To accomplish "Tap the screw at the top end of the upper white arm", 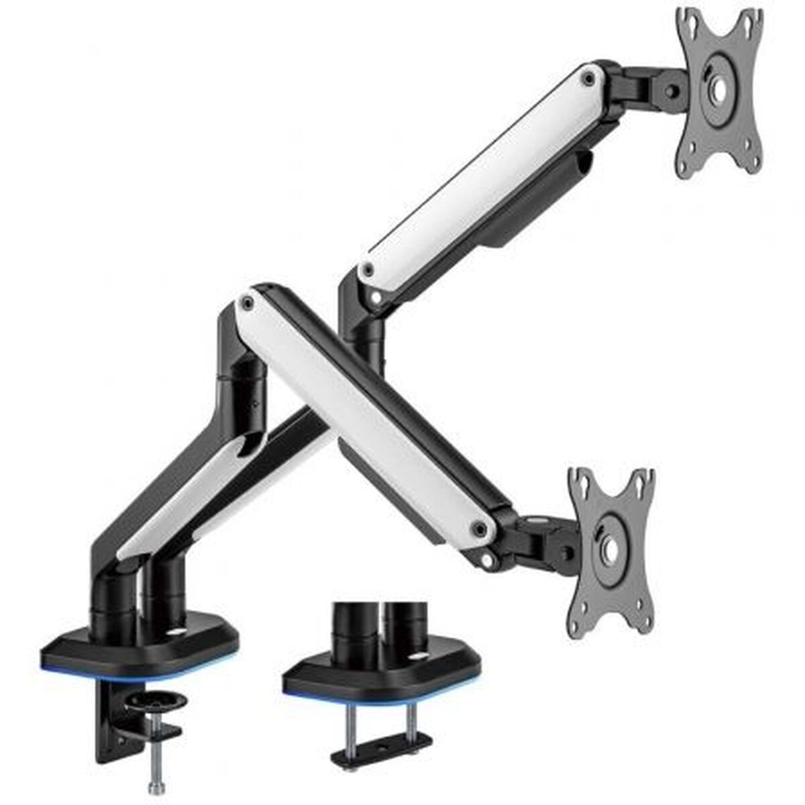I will click(589, 78).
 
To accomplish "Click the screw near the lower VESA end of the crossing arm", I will click(479, 529).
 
